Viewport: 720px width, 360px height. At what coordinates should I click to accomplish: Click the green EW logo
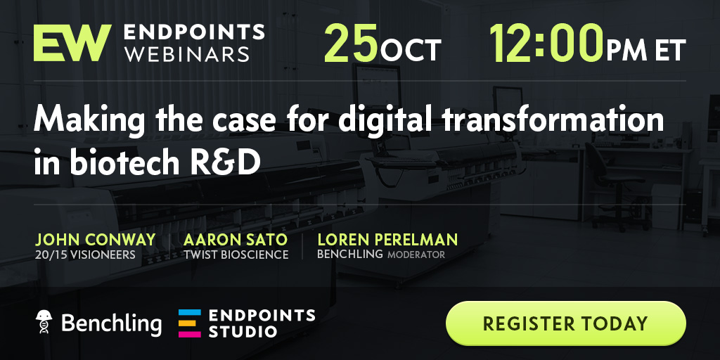coord(72,43)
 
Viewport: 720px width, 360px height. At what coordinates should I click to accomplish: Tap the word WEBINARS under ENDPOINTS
coord(187,54)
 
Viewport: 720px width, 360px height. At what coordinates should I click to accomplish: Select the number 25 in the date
coord(352,43)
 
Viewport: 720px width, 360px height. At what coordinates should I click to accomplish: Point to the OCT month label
coord(411,51)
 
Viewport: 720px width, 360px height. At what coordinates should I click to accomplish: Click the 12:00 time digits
coord(546,43)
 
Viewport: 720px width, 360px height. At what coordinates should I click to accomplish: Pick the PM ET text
coord(646,51)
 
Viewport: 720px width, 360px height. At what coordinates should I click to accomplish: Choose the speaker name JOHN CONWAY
coord(96,240)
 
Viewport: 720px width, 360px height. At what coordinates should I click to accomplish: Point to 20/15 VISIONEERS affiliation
coord(85,255)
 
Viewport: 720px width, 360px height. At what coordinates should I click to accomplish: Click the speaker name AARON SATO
coord(236,240)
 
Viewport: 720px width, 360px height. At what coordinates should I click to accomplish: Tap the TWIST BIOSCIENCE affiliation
coord(236,255)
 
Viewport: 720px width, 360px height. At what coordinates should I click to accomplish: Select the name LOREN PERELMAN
coord(387,240)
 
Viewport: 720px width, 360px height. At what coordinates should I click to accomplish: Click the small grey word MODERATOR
coord(416,255)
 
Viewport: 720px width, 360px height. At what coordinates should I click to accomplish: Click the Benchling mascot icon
coord(44,321)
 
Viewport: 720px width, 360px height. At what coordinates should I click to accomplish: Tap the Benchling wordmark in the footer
coord(111,323)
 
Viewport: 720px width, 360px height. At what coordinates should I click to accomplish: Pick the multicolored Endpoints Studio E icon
coord(190,323)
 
